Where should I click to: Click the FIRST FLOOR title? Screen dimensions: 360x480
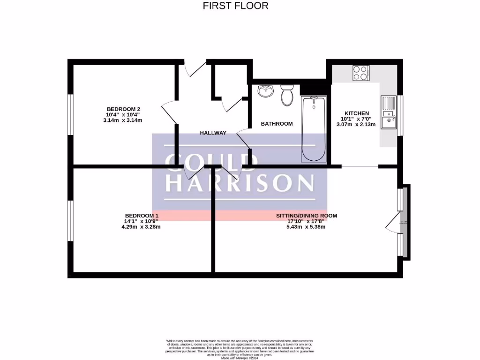[x=235, y=6]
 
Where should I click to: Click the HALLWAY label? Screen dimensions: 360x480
[x=213, y=133]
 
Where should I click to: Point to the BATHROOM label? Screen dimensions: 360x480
[x=277, y=124]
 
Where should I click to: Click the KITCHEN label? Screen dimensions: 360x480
[x=357, y=113]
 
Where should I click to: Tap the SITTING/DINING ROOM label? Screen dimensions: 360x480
[x=306, y=216]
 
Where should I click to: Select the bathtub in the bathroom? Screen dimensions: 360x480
[x=314, y=128]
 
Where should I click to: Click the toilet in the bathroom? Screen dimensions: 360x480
[x=286, y=96]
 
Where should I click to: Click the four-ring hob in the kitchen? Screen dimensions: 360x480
[x=360, y=72]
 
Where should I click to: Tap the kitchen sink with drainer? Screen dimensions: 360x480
[x=389, y=112]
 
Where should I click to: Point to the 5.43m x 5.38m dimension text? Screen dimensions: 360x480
[x=306, y=227]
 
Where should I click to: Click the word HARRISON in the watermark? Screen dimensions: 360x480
[x=240, y=183]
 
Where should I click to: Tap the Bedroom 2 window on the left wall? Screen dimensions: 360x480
[x=70, y=115]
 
